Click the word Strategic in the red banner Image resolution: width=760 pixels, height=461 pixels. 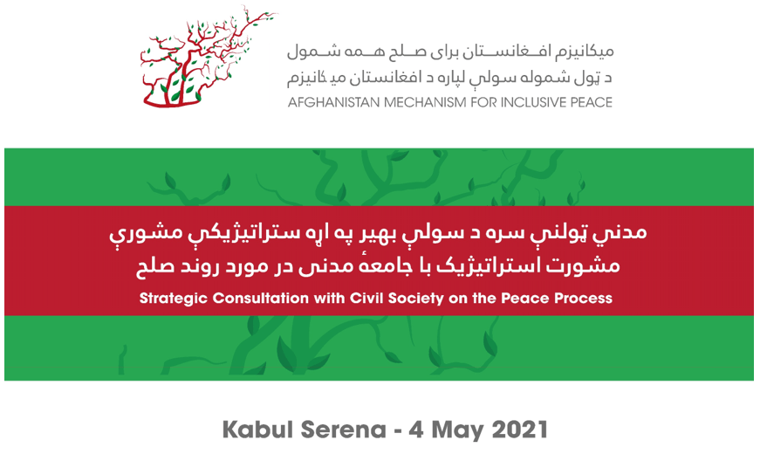point(174,298)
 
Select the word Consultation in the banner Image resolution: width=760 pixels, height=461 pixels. point(261,298)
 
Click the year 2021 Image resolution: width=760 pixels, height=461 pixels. point(519,430)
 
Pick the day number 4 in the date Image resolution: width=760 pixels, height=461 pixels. point(416,430)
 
